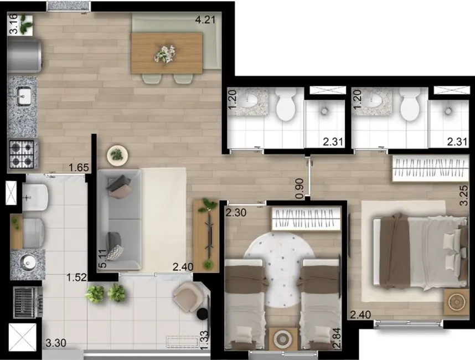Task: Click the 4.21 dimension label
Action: click(x=205, y=22)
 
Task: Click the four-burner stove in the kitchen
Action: click(x=22, y=154)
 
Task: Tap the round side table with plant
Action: click(x=117, y=155)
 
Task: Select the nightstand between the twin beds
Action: click(x=282, y=337)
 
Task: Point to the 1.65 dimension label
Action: click(x=78, y=168)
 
